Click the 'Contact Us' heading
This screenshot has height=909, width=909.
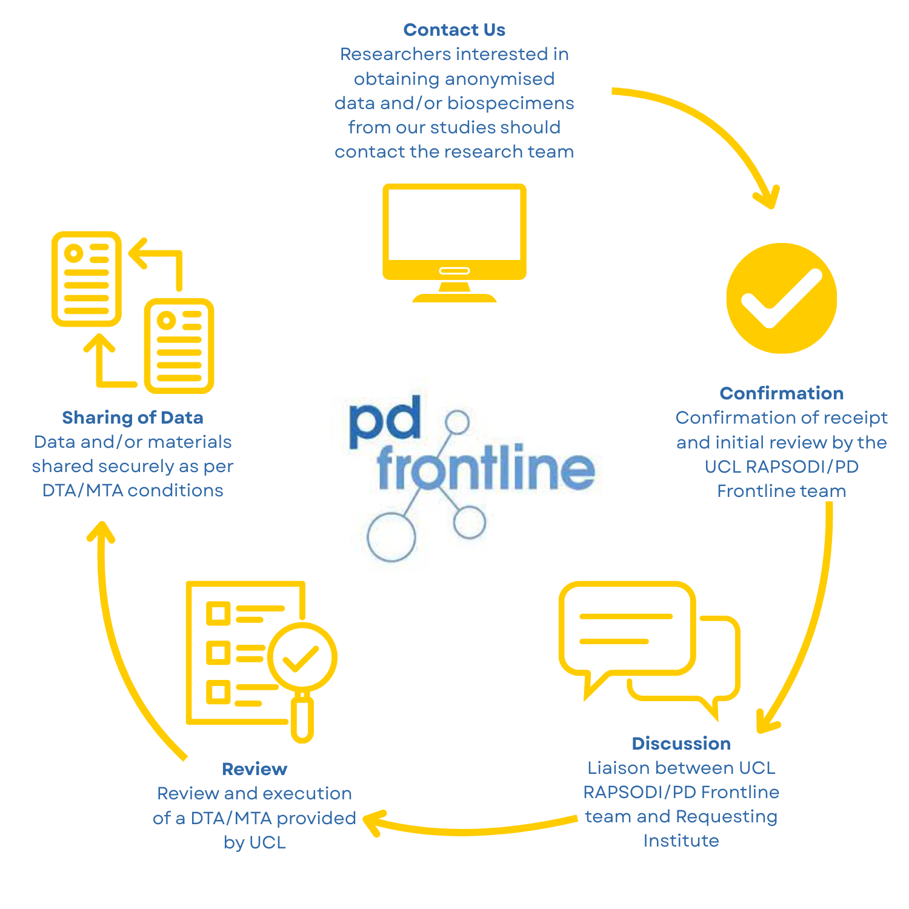[454, 30]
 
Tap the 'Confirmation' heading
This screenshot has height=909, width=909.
[781, 393]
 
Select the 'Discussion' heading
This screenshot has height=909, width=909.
[681, 744]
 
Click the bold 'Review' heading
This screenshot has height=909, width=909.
[255, 769]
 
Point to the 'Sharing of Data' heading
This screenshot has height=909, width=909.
[133, 418]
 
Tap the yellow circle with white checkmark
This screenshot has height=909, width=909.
[782, 298]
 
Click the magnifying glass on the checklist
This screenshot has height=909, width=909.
[302, 661]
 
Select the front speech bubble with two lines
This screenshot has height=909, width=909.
[627, 630]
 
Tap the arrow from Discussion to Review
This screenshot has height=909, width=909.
[473, 829]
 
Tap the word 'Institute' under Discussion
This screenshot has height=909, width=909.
[681, 841]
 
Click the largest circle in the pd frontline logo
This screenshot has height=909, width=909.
[391, 537]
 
